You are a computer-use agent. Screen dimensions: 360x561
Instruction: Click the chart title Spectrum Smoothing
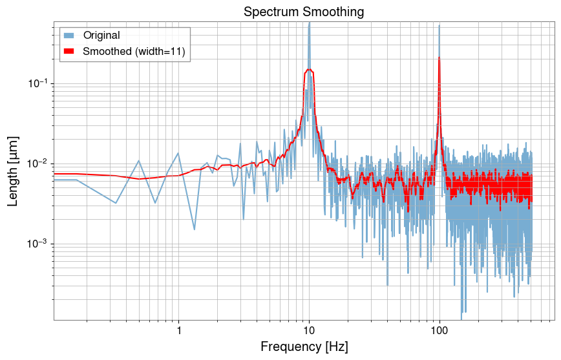coord(304,12)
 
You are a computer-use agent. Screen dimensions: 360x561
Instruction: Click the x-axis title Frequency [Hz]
coord(304,347)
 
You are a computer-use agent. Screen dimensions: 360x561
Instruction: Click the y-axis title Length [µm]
coord(13,171)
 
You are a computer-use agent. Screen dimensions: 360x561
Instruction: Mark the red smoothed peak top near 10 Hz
coord(310,69)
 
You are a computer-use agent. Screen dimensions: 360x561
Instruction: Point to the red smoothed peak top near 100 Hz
coord(439,58)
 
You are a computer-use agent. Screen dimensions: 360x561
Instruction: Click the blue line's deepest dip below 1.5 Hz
coord(195,229)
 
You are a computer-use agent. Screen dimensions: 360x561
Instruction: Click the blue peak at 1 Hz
coord(178,153)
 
